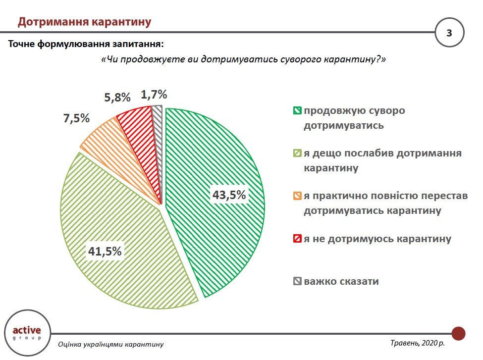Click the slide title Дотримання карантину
click(84, 22)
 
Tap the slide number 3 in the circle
click(449, 33)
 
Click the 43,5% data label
click(229, 195)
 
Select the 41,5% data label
click(105, 252)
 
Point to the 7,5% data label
click(76, 118)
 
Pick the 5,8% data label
click(117, 98)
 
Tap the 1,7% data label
click(154, 94)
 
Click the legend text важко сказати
click(341, 281)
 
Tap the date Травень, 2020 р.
click(418, 343)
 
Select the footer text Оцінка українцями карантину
click(110, 344)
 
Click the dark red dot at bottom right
click(459, 333)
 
